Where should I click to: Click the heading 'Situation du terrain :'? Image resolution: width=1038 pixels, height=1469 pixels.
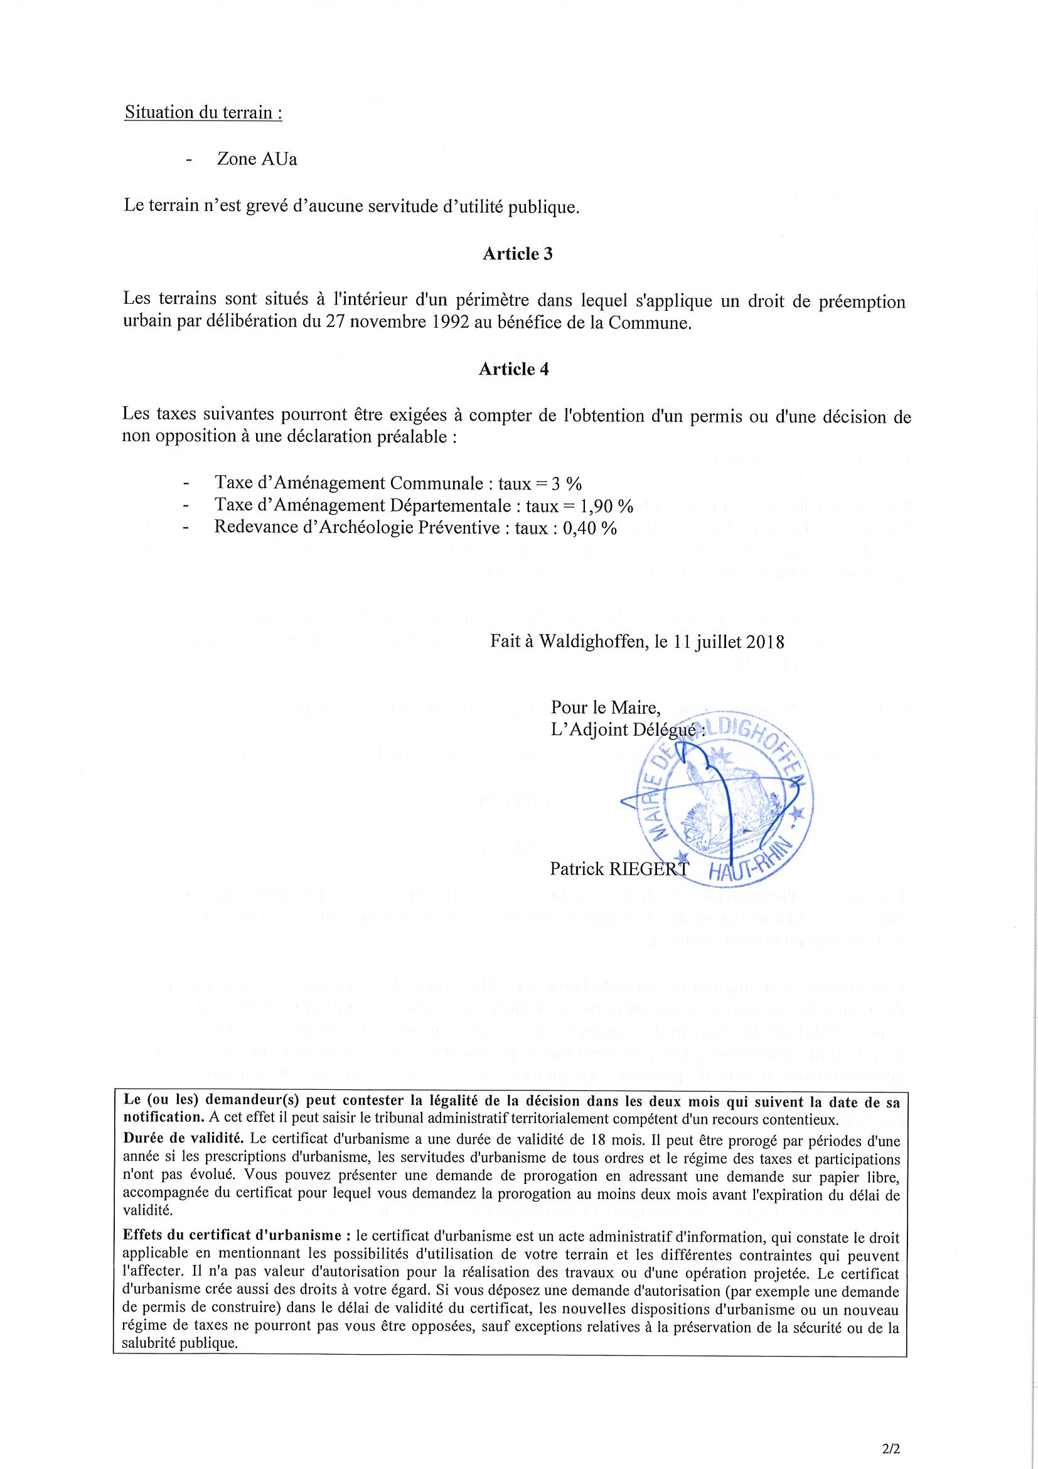click(203, 112)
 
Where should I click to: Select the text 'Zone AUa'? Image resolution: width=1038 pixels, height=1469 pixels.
click(257, 159)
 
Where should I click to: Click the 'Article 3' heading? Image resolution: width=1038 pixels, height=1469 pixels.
click(517, 254)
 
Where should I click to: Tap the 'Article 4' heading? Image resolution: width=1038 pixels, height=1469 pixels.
click(513, 369)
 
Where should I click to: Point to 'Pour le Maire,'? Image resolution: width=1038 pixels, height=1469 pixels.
click(605, 708)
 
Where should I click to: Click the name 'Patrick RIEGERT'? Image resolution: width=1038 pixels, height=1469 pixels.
click(618, 868)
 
